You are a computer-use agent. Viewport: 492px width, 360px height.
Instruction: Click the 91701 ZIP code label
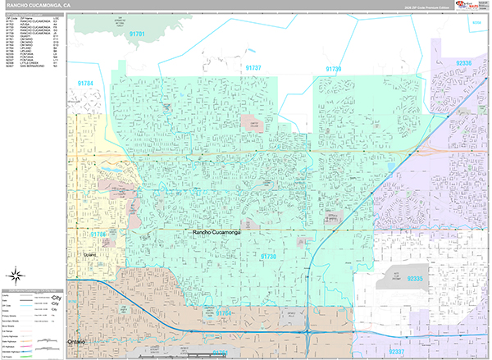tap(137, 34)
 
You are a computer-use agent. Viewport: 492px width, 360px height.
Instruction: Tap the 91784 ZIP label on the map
tap(85, 84)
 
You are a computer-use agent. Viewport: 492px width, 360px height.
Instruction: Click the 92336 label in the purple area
tap(463, 63)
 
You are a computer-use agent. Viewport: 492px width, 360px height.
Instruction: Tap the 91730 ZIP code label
tap(269, 257)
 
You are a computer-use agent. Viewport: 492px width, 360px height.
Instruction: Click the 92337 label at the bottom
tap(397, 352)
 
